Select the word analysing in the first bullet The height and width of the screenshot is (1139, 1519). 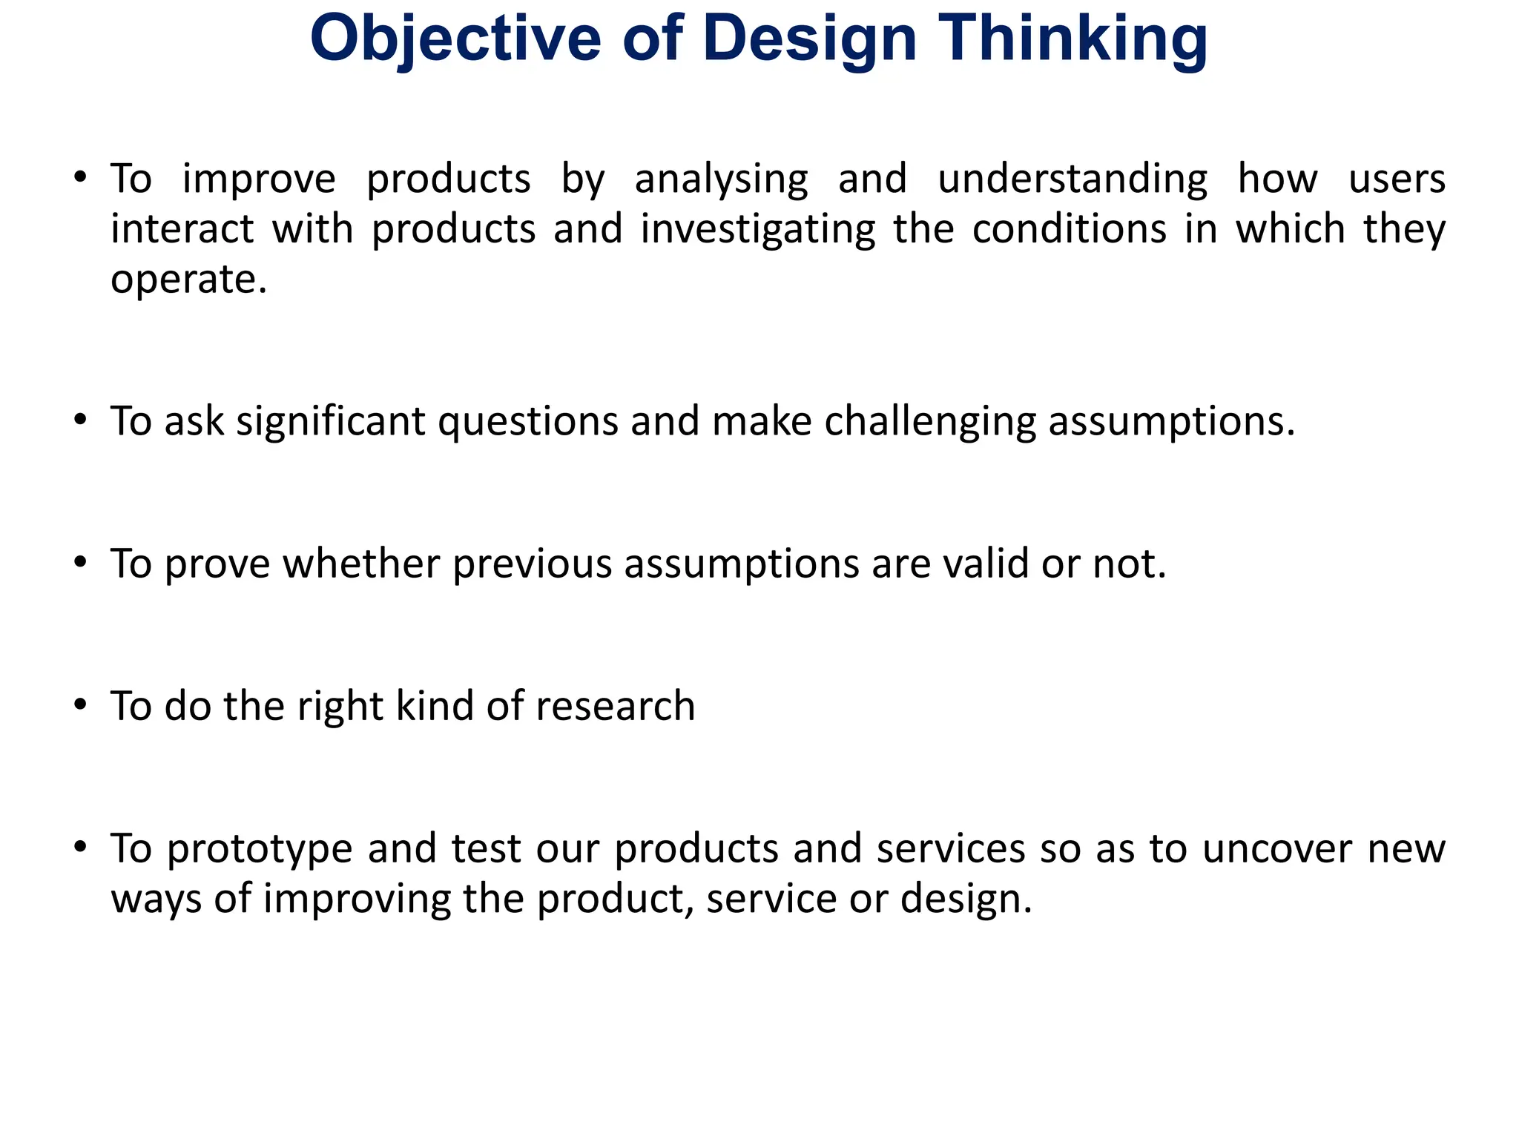pos(721,179)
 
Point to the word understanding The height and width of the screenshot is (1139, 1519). pos(1072,179)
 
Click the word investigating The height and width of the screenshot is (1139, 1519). pos(758,229)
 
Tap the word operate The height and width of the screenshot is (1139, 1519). pos(188,280)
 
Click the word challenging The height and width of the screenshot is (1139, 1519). pos(930,422)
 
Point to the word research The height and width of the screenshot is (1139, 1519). pos(616,706)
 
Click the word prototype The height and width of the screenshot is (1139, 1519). pos(259,849)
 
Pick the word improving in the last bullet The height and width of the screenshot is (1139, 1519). pos(357,899)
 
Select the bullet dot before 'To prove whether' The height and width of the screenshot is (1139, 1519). pos(81,562)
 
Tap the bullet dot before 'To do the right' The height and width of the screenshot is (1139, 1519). pos(81,704)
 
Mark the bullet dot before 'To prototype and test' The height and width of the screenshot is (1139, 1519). pos(81,847)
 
